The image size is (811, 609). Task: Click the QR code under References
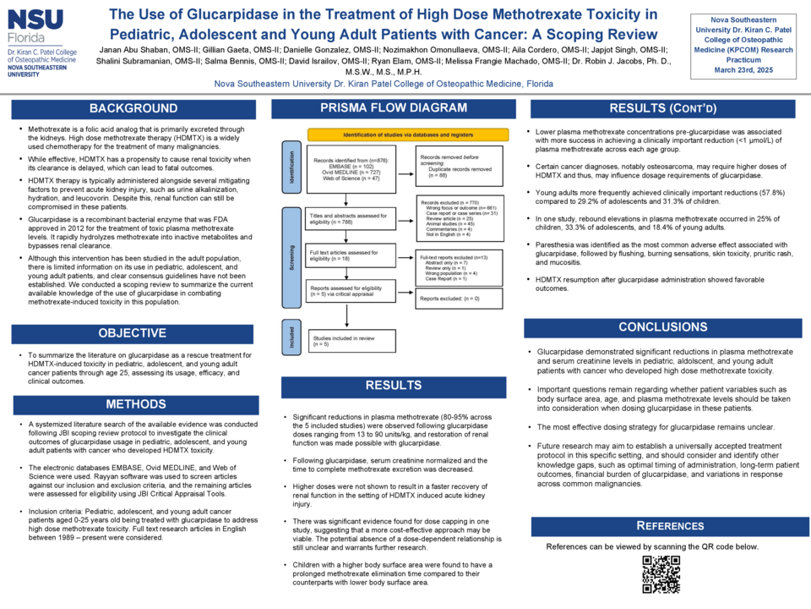tap(661, 573)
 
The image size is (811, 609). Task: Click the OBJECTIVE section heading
tap(133, 333)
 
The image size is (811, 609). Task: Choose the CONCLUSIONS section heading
tap(663, 327)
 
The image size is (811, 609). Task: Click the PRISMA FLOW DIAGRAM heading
tap(393, 107)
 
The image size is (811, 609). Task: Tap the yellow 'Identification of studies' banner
tap(408, 134)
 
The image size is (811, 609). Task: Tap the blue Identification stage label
tap(291, 167)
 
